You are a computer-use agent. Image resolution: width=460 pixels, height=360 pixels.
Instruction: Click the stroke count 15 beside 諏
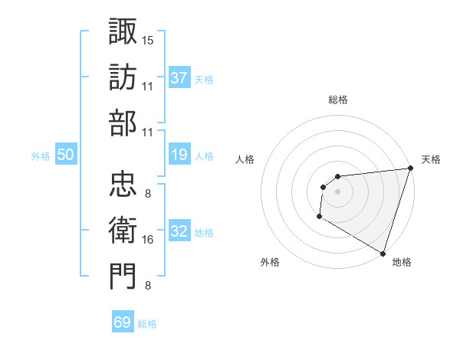coord(147,39)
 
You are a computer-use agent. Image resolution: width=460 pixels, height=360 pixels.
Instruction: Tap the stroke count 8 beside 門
coord(147,286)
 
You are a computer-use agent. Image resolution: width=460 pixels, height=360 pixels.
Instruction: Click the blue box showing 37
coord(179,77)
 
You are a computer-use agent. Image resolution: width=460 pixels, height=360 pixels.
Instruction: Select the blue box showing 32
coord(179,232)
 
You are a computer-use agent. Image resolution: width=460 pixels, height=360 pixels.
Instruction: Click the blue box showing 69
coord(123,322)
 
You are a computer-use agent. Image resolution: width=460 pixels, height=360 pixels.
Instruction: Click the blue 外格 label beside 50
coord(41,156)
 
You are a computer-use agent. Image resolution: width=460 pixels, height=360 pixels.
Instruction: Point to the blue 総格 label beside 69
coord(147,323)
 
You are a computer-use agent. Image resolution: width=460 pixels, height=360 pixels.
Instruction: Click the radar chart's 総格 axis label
coord(337,100)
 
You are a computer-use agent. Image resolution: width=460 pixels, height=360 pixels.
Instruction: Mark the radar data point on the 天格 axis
coord(409,169)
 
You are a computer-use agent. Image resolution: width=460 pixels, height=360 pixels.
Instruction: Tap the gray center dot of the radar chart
coord(337,191)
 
